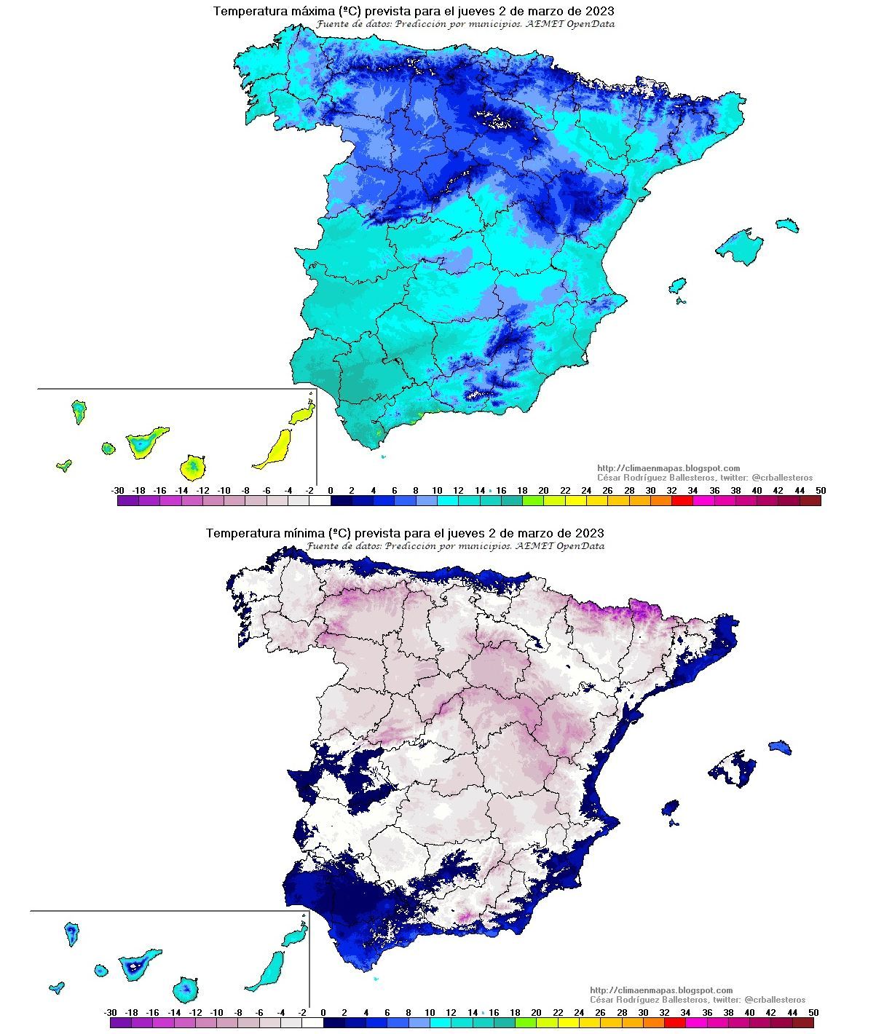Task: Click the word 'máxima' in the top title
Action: [304, 11]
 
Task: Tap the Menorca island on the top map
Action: [786, 224]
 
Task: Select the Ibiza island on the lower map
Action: [670, 808]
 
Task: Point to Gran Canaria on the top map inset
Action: [192, 467]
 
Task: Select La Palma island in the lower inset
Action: [71, 933]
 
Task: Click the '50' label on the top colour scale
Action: [821, 491]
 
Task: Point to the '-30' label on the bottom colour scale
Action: [111, 1012]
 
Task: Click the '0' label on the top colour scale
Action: [331, 491]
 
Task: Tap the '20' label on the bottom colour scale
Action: [536, 1012]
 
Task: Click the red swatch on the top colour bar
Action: [682, 501]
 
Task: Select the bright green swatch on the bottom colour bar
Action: [525, 1022]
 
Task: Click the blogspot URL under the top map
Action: [668, 468]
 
